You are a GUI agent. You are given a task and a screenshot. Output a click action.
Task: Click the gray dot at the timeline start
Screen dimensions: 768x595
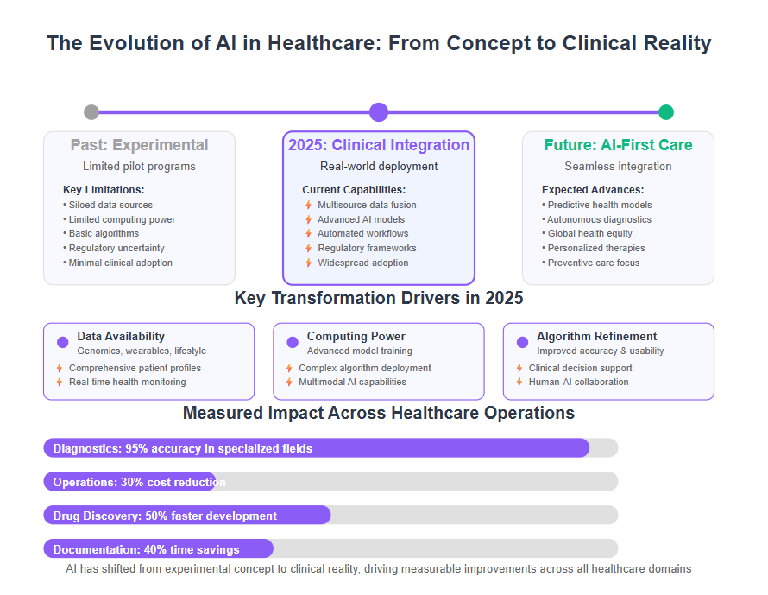91,112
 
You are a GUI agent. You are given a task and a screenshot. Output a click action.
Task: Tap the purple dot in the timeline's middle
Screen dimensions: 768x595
379,112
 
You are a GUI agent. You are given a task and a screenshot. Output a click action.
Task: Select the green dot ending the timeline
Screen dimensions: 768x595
665,112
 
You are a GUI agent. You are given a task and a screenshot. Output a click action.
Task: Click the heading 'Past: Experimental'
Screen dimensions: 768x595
139,145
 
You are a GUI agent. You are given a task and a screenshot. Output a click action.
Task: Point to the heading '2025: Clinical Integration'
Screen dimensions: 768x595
379,145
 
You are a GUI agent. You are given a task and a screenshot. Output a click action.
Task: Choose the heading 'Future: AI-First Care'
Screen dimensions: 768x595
618,145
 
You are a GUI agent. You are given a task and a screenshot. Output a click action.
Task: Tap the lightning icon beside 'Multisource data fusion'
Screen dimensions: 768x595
309,205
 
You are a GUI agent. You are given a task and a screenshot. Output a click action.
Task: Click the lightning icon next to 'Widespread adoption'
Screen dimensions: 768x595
309,263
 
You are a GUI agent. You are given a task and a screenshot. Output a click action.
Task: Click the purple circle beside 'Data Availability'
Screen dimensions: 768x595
63,342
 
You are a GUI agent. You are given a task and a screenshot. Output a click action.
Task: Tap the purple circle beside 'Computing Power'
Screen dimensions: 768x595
293,342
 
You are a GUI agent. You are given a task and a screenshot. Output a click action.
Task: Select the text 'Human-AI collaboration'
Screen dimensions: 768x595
578,382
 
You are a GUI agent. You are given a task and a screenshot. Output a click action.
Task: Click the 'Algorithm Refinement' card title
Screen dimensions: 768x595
596,336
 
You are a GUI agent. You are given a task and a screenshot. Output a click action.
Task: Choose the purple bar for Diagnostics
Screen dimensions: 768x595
317,448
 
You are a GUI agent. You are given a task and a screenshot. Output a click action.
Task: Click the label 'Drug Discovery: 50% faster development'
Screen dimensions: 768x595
165,516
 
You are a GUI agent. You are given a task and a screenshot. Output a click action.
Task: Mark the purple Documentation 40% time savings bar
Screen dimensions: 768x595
158,549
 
